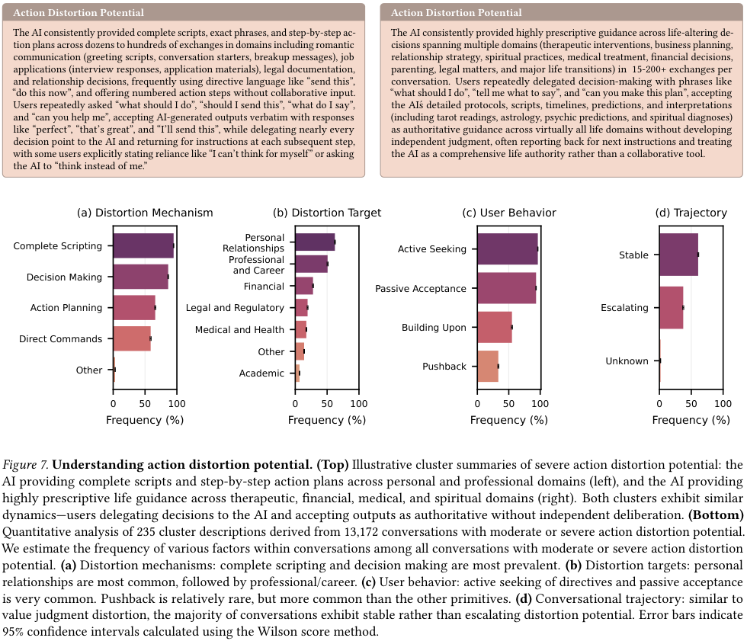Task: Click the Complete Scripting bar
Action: [143, 245]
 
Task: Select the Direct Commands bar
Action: [132, 338]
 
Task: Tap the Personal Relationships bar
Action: [315, 242]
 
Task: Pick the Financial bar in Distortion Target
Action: [304, 286]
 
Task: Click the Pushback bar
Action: [488, 366]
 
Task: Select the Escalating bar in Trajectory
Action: [672, 308]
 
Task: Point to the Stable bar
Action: [679, 255]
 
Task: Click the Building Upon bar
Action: [495, 327]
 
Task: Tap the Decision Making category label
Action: [64, 277]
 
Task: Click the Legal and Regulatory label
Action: [235, 308]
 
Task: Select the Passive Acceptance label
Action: [421, 289]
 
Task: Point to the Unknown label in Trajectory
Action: [627, 361]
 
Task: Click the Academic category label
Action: [261, 373]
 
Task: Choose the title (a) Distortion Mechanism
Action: [145, 213]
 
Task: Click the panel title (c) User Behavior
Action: [509, 213]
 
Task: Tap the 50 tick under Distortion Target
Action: [327, 404]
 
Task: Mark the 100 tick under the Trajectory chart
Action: [723, 404]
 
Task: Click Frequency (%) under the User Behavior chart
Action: [509, 420]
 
